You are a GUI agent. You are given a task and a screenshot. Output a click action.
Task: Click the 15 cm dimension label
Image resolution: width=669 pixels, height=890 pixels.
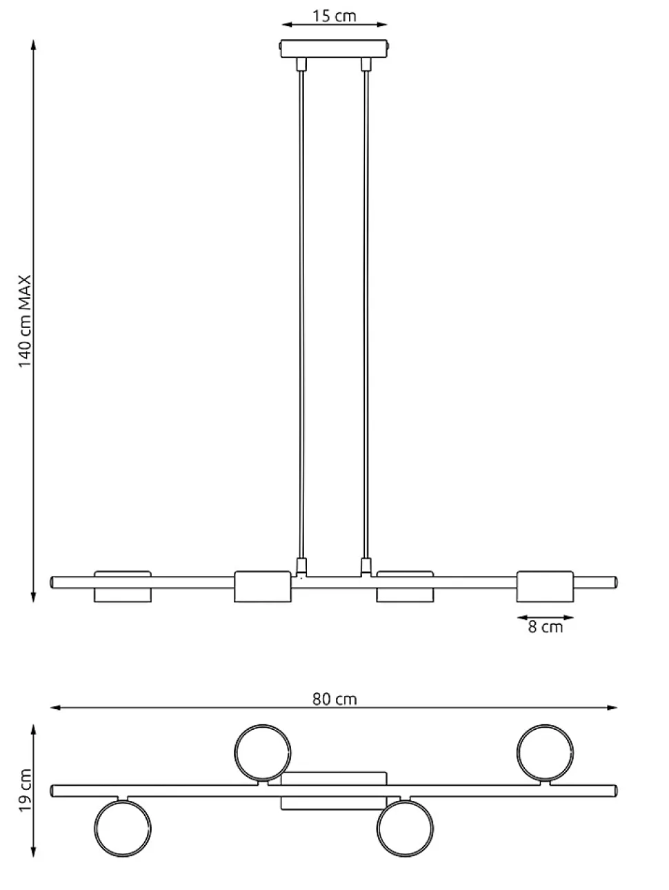[334, 16]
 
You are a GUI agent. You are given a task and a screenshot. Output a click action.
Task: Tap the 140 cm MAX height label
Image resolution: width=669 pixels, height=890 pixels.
[25, 321]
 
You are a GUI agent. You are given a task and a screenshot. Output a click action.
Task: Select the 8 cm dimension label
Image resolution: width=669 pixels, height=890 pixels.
[545, 627]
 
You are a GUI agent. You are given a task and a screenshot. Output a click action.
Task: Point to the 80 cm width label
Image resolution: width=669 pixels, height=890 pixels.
[334, 699]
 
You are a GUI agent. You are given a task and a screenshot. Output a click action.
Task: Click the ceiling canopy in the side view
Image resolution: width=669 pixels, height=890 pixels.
[334, 48]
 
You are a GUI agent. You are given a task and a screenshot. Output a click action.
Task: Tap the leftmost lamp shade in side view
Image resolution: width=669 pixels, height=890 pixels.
[123, 587]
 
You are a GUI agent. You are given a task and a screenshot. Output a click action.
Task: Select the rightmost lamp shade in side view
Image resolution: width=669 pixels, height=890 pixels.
[545, 587]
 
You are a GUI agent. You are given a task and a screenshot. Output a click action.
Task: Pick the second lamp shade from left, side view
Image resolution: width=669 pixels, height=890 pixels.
[263, 587]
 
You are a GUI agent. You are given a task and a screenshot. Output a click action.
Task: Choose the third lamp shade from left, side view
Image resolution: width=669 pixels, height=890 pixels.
[405, 587]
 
